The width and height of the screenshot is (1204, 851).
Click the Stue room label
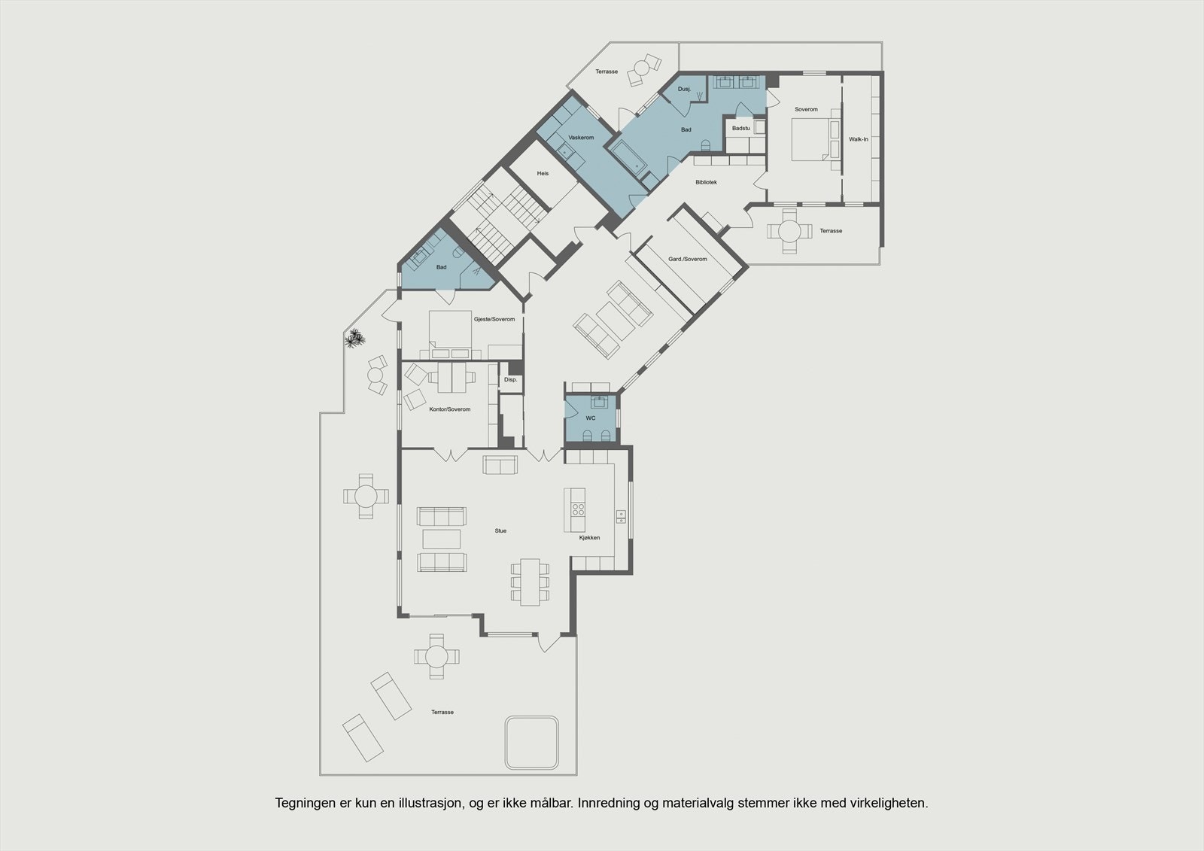click(x=500, y=531)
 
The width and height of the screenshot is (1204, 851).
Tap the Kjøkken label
click(x=589, y=538)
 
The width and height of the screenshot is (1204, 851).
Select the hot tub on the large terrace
click(x=532, y=741)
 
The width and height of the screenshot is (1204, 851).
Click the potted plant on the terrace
click(x=354, y=339)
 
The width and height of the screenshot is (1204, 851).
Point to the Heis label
click(x=543, y=174)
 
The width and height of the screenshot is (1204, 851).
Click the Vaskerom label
click(x=581, y=138)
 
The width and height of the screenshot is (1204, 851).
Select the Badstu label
click(x=741, y=129)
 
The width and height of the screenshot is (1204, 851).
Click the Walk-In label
click(x=859, y=139)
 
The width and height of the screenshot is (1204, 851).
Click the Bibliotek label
click(x=706, y=182)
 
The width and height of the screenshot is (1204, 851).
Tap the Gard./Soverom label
click(x=688, y=260)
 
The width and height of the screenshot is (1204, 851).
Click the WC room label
click(x=591, y=418)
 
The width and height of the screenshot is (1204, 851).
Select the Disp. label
click(x=510, y=380)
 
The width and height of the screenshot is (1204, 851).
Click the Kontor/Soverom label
click(x=449, y=409)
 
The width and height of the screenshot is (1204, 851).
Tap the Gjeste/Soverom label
click(x=494, y=320)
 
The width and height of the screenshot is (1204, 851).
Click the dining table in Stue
click(x=531, y=582)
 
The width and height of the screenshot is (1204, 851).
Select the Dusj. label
click(x=684, y=89)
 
